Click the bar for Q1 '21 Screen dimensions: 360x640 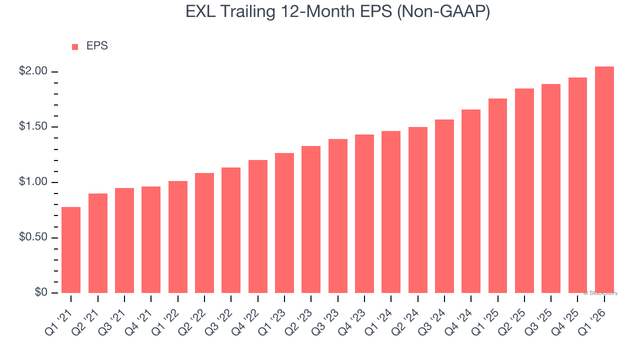71,250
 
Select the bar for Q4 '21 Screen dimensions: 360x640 151,240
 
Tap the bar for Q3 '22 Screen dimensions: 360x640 231,230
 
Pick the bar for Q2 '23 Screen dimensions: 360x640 311,219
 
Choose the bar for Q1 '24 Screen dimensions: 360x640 391,212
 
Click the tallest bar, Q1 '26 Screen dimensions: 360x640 604,180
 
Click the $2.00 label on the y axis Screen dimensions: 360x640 33,71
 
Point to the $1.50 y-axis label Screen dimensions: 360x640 33,127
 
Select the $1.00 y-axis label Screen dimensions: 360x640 33,182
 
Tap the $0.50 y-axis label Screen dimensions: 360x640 33,237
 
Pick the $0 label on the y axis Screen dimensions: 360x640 40,292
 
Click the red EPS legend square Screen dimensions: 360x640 75,46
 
